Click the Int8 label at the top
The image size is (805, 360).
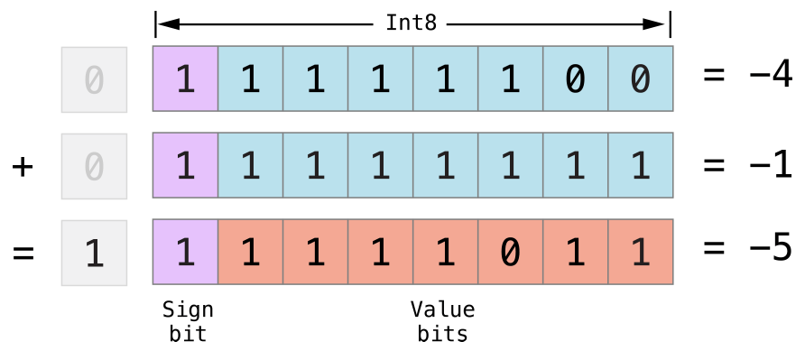point(411,23)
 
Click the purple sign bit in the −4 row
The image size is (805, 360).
point(185,79)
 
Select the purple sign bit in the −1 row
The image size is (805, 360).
point(185,166)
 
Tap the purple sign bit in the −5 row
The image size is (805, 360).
point(185,252)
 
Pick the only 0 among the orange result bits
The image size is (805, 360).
point(510,252)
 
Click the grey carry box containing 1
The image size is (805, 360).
point(94,252)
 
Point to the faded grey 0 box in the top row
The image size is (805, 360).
point(94,79)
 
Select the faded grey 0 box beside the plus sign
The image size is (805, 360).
point(94,166)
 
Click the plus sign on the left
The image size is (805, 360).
point(23,166)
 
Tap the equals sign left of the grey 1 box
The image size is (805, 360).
point(23,252)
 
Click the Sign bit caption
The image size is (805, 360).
point(188,322)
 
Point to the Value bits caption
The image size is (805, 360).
point(442,322)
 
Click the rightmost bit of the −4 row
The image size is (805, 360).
point(640,79)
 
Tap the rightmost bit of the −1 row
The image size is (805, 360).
point(640,166)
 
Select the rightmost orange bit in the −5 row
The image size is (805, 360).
point(640,252)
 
